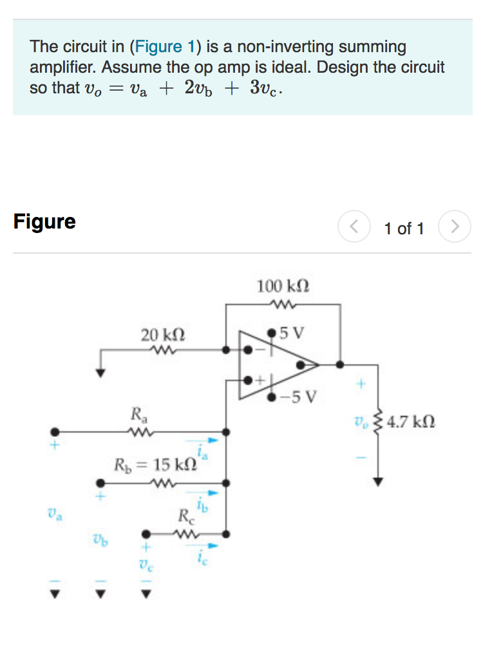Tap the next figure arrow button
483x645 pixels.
click(455, 227)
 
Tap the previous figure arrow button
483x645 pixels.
click(353, 227)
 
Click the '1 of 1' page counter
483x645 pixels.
click(404, 229)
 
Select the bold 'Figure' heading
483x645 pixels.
click(44, 221)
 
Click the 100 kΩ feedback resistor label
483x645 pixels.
click(283, 286)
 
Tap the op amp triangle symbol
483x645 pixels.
click(277, 365)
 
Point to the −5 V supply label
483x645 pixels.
click(300, 396)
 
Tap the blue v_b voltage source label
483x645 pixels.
click(99, 541)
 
